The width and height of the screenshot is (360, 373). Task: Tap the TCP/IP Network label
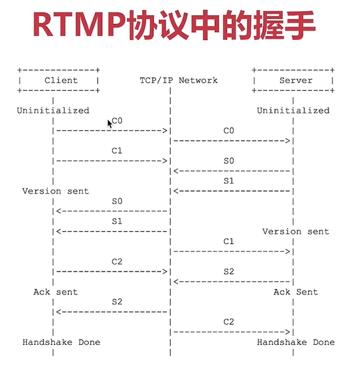tap(179, 80)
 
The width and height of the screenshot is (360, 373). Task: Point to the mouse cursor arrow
tap(110, 123)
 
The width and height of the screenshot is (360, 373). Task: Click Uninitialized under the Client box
tap(53, 111)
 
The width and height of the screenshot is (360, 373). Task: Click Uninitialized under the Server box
tap(293, 111)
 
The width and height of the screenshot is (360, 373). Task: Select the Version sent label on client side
tap(56, 191)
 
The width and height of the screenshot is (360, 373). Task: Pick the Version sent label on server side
tap(296, 231)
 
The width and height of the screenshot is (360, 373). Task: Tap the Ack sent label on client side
tap(56, 292)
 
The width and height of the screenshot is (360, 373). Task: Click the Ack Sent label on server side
tap(296, 292)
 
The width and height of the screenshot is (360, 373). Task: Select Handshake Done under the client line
tap(62, 342)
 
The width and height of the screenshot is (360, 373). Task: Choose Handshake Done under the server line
tap(296, 342)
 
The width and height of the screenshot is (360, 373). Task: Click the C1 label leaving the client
tap(117, 151)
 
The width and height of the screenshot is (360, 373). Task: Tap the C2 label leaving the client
tap(117, 261)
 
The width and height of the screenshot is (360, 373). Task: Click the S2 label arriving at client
tap(117, 302)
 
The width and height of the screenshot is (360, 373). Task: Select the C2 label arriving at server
tap(229, 322)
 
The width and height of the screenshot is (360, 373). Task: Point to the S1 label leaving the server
tap(229, 181)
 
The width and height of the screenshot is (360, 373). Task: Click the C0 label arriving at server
tap(229, 131)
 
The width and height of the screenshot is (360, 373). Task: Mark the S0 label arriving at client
tap(117, 201)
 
